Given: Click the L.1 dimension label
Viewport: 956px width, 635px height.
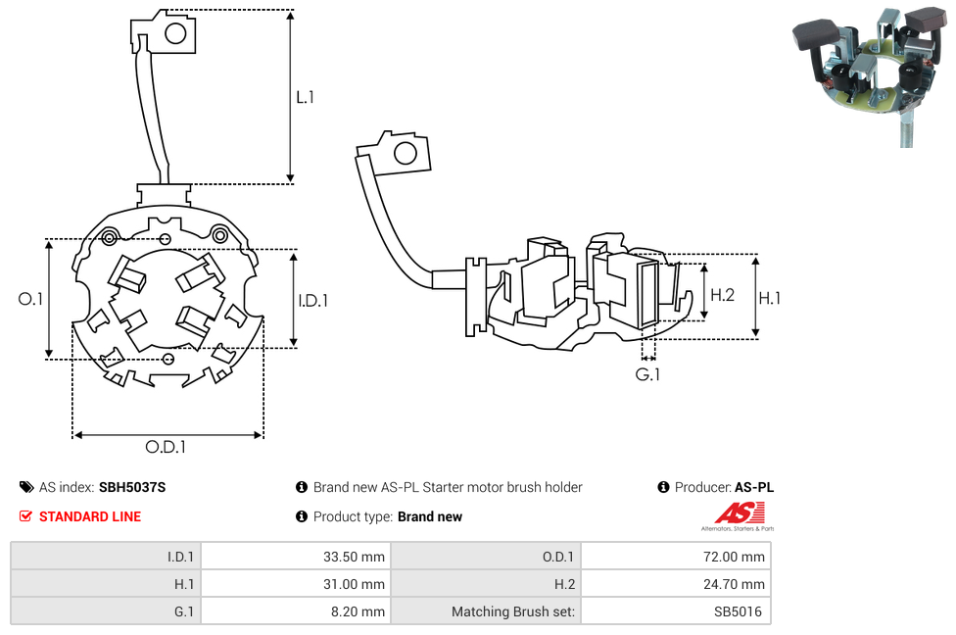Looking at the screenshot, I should click(x=305, y=97).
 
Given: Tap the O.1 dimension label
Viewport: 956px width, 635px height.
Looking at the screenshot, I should click(x=30, y=299).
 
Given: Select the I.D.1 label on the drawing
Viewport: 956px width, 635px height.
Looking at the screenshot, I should click(x=312, y=301).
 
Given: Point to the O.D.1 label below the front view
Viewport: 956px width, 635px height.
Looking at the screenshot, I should click(x=166, y=447).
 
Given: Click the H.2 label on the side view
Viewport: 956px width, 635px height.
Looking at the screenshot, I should click(x=722, y=294).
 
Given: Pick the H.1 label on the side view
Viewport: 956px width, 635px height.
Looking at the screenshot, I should click(x=770, y=297).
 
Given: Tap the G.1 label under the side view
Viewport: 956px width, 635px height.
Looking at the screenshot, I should click(x=647, y=374).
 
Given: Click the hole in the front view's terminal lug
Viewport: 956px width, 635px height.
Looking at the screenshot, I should click(x=176, y=34).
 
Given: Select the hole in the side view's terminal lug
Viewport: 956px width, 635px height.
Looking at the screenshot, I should click(x=404, y=153).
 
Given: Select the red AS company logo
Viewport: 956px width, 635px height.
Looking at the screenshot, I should click(x=740, y=513).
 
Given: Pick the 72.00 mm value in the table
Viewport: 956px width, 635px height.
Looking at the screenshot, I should click(x=675, y=557).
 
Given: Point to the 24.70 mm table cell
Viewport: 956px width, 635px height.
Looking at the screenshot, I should click(x=675, y=584).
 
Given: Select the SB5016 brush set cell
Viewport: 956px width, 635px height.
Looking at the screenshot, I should click(x=675, y=611).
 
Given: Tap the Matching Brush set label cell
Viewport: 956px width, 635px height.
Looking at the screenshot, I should click(x=485, y=611).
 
